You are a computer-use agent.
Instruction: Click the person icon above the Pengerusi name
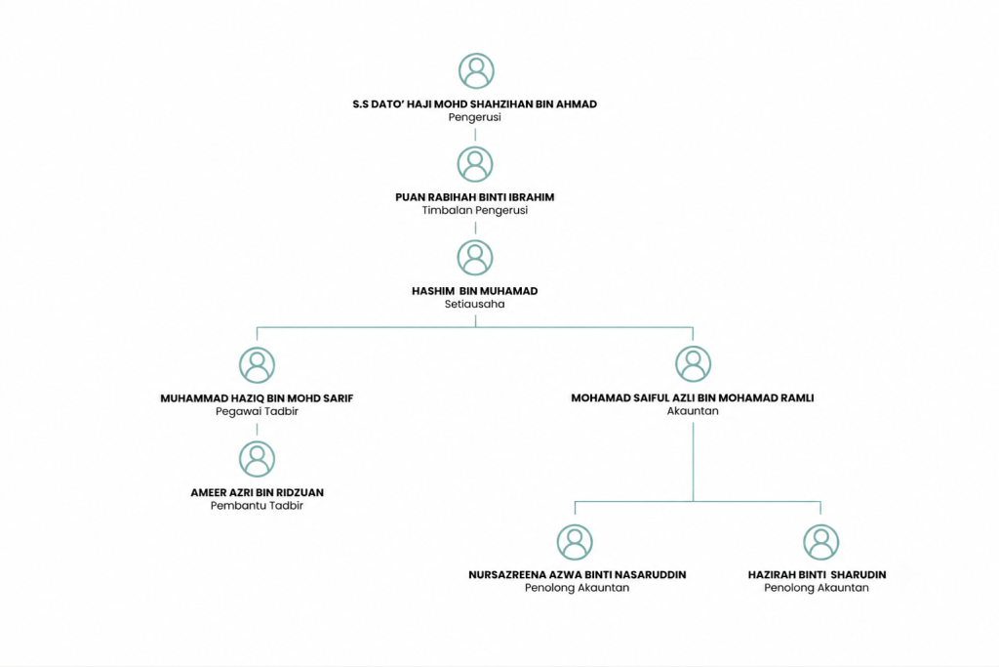476,70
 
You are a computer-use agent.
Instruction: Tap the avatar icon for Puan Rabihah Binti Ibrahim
475,164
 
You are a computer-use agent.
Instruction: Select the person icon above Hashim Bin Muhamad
475,258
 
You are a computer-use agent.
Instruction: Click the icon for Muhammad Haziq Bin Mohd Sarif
257,364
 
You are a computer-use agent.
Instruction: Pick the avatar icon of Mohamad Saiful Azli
694,364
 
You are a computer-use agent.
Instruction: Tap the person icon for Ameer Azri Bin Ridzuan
257,458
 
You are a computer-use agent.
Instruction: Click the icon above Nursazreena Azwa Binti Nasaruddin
575,542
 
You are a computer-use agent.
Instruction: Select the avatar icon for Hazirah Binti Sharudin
820,542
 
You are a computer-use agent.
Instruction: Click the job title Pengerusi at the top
475,117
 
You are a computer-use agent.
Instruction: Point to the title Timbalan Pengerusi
475,210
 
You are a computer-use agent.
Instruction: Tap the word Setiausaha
475,304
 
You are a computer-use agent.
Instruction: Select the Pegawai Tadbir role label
257,411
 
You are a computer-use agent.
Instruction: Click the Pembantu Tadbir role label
257,506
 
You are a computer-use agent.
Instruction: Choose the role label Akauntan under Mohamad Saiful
693,411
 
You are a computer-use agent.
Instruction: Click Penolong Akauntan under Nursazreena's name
578,588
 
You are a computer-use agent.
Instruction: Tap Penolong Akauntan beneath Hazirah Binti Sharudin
817,588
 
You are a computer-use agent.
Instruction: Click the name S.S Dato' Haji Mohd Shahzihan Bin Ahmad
475,104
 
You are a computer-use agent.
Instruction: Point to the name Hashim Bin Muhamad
475,291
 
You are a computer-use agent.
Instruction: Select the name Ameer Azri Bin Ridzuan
257,492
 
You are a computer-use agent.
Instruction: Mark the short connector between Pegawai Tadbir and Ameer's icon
257,428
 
